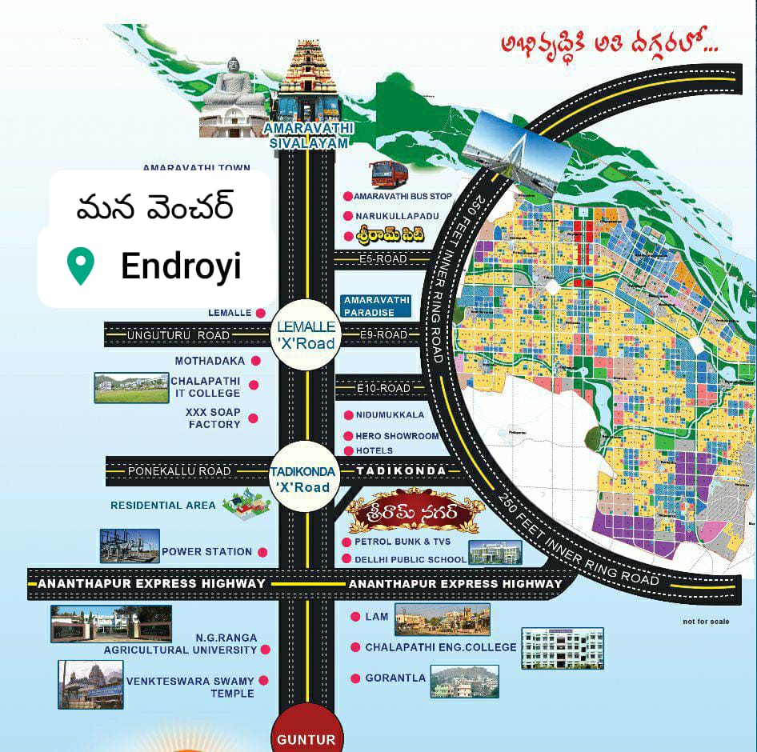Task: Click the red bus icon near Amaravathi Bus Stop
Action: click(x=389, y=174)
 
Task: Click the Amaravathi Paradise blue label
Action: click(x=376, y=306)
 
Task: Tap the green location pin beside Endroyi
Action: click(x=80, y=266)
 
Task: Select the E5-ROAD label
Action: click(x=383, y=259)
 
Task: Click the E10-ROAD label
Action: click(x=383, y=388)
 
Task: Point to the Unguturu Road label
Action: click(x=178, y=335)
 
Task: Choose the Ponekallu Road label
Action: click(x=179, y=471)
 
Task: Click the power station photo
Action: click(x=129, y=545)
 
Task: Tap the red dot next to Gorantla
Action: click(x=355, y=678)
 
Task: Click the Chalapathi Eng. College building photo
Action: click(x=563, y=647)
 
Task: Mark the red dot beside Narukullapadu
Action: click(x=348, y=216)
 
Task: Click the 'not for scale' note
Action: click(x=706, y=622)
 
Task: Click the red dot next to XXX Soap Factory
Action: click(x=253, y=418)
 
